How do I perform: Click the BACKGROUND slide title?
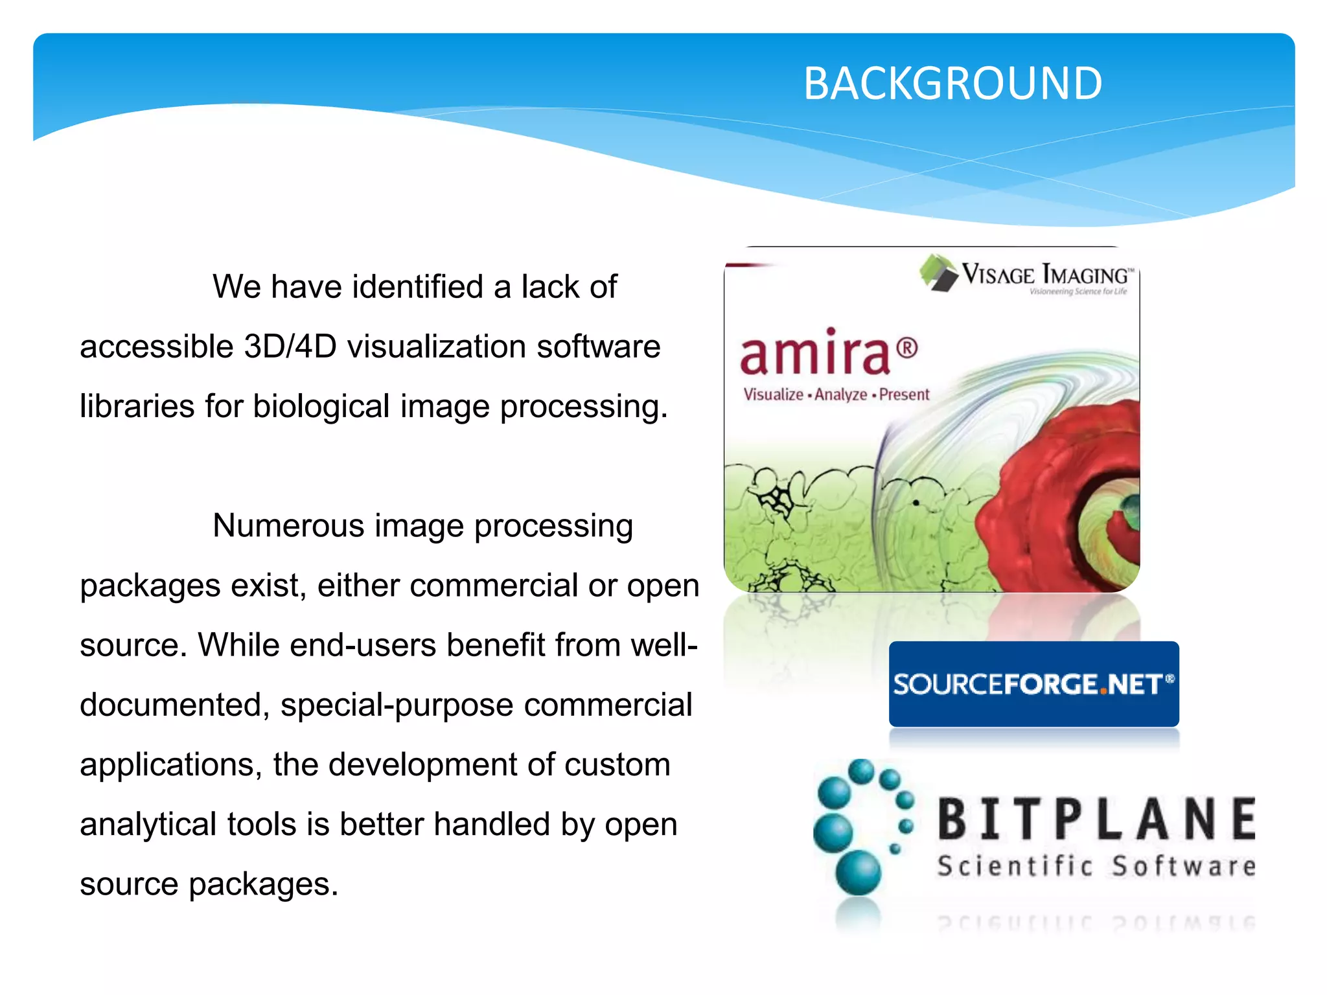point(952,84)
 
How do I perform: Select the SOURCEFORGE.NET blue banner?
point(1033,684)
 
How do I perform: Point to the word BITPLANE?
point(1096,819)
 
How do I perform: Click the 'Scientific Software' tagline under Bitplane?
point(1096,867)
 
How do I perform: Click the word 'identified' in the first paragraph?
point(417,286)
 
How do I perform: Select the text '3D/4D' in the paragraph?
point(290,346)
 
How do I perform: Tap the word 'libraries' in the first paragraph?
point(137,406)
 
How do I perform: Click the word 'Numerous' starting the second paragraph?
point(288,525)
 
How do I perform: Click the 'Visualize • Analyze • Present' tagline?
point(836,395)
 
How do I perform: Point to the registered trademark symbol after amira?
point(907,349)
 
